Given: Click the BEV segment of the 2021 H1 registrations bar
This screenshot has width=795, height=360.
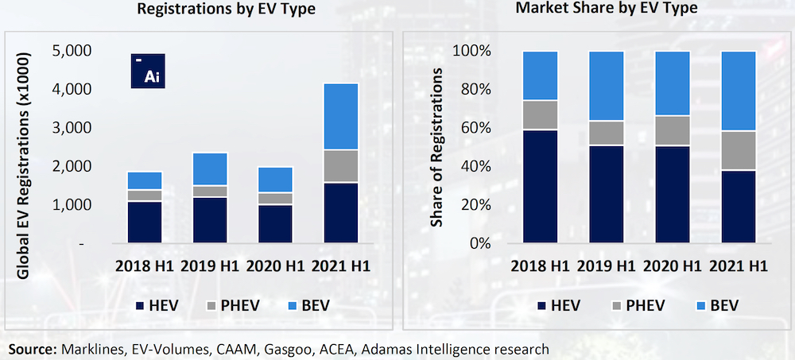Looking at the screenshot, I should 346,116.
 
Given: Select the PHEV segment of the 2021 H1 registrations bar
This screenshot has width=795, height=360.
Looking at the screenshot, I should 346,166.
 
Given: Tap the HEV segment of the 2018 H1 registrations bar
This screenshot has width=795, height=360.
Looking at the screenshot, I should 145,222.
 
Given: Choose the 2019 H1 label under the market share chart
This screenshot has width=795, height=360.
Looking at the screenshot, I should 606,265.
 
